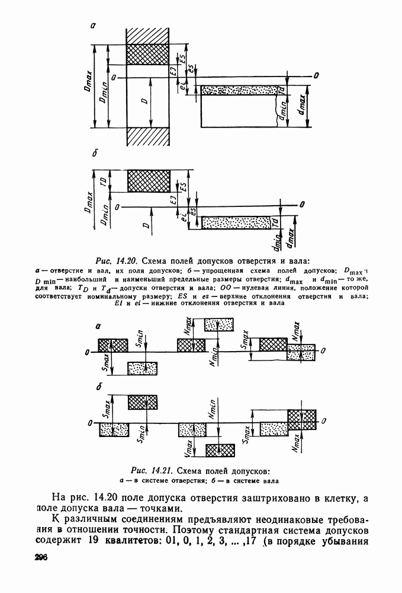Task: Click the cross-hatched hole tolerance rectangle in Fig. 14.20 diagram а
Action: pyautogui.click(x=148, y=54)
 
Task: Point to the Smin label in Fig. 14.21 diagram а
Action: pyautogui.click(x=140, y=339)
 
